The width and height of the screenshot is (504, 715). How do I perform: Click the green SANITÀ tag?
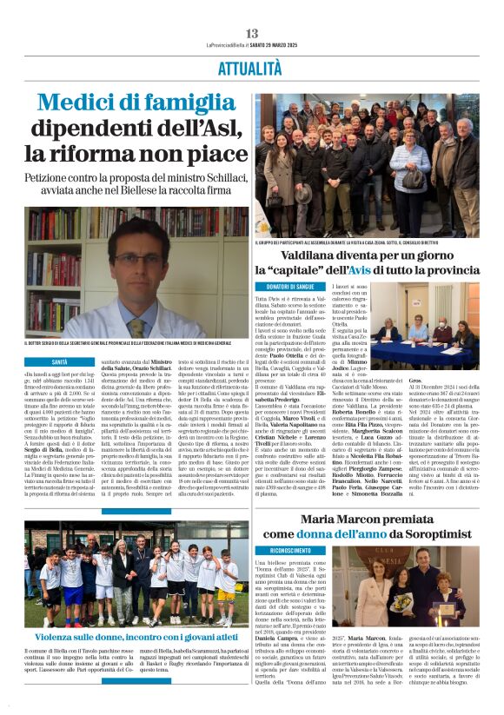60,361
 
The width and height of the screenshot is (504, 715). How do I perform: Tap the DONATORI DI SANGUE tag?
288,286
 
